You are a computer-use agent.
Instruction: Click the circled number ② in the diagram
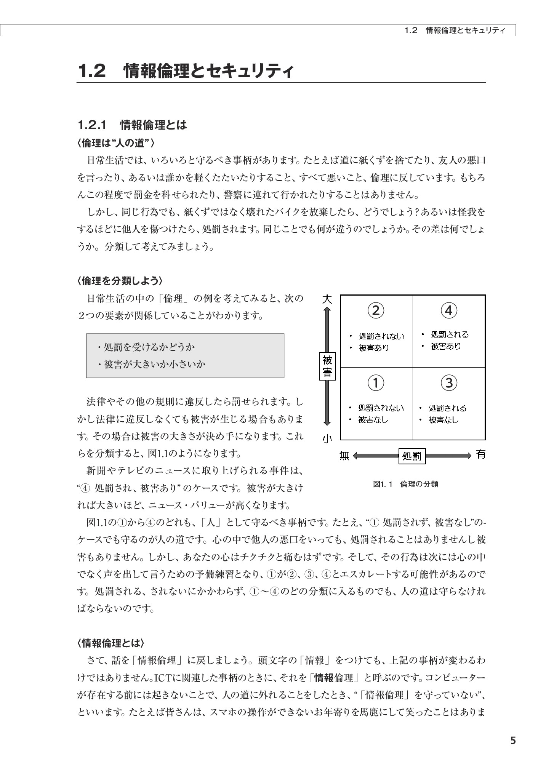(375, 311)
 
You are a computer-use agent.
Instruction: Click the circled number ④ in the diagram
(449, 311)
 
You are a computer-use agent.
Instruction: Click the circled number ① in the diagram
(375, 383)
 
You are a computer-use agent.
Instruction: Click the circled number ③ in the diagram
(449, 383)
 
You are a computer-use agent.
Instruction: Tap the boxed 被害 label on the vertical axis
(327, 366)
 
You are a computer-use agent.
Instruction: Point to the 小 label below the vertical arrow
(327, 439)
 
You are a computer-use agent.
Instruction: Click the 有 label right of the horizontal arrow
(481, 455)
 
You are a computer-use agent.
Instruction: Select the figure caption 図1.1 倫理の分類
(406, 484)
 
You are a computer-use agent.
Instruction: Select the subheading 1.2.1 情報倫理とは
(132, 125)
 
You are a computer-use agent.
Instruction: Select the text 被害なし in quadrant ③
(444, 420)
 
